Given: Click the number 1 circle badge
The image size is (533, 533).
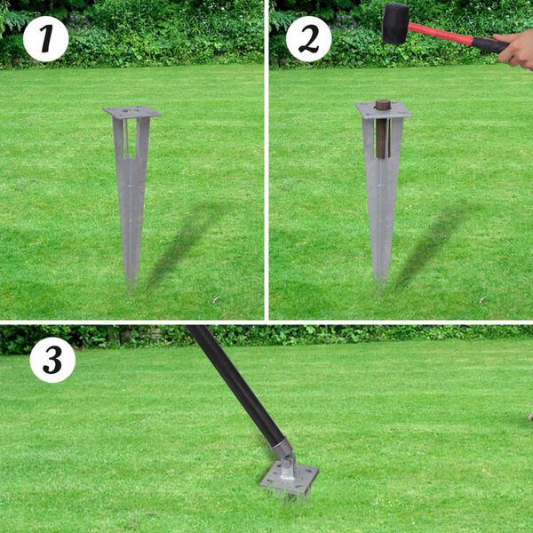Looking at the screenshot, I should click(45, 39).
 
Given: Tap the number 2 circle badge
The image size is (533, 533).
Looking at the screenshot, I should click(308, 39).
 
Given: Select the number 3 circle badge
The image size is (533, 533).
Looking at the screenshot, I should click(52, 360).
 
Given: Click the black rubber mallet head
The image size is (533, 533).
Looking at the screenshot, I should click(395, 23).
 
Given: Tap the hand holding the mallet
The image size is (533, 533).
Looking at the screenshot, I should click(519, 50).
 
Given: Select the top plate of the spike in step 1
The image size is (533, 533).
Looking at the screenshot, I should click(131, 112).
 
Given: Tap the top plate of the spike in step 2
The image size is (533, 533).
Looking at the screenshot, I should click(384, 109).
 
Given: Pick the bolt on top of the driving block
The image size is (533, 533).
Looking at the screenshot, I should click(383, 104).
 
